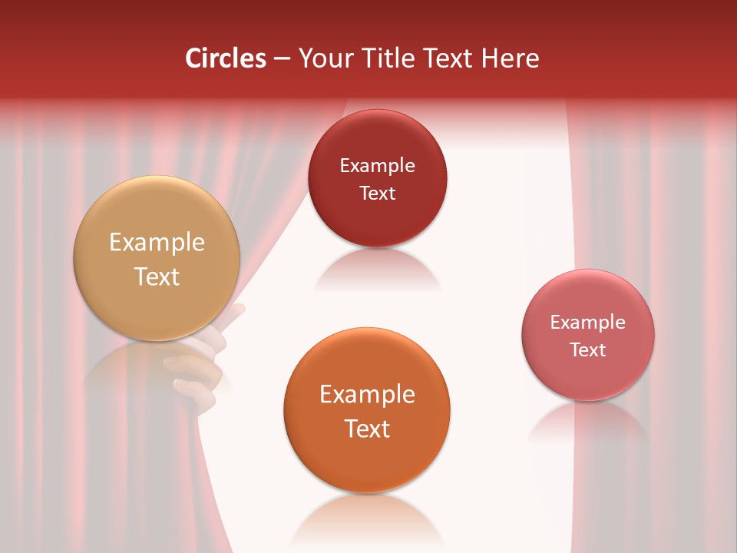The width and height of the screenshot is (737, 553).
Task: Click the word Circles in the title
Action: click(x=226, y=58)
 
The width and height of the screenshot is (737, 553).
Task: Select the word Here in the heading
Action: click(x=511, y=58)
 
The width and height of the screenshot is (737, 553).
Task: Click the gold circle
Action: click(x=157, y=258)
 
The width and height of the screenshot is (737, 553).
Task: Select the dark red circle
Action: click(x=377, y=178)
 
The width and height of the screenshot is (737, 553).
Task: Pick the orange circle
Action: click(x=367, y=410)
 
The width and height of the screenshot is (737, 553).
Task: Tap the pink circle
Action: click(x=588, y=334)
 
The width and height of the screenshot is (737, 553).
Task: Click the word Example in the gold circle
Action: click(x=157, y=243)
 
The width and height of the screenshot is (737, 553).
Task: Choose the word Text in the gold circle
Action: click(x=157, y=276)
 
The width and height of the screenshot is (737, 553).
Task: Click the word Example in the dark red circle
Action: click(x=377, y=165)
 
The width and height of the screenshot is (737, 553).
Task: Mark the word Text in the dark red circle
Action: click(x=377, y=193)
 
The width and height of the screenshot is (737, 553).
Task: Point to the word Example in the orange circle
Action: click(x=367, y=395)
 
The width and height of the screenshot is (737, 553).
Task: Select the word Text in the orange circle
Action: click(x=367, y=429)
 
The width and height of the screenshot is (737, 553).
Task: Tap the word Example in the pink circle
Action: click(x=588, y=322)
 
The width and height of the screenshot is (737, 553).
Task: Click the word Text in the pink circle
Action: click(x=588, y=349)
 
